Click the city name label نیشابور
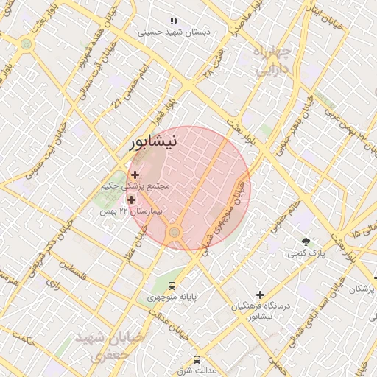click(153, 142)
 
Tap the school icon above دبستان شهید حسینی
click(175, 21)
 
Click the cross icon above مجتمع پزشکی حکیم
click(134, 175)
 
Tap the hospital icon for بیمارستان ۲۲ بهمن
click(132, 200)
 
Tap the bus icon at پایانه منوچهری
click(172, 286)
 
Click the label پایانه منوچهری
click(171, 297)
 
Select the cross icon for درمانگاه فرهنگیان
click(260, 295)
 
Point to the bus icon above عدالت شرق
click(196, 359)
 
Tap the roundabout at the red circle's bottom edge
click(175, 233)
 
